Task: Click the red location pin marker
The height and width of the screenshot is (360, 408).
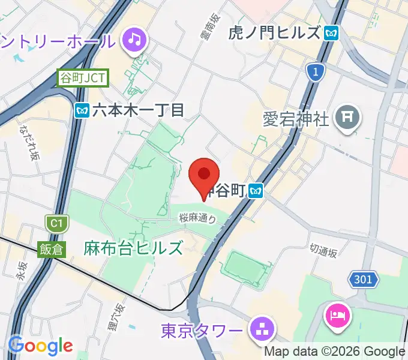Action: pyautogui.click(x=204, y=175)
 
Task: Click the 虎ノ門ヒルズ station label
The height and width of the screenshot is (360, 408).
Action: pyautogui.click(x=275, y=33)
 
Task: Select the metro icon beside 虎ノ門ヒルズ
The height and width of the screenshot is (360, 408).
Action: pyautogui.click(x=331, y=33)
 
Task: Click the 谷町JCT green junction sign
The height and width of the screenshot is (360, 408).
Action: pyautogui.click(x=83, y=78)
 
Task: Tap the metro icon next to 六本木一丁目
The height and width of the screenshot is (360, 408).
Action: pyautogui.click(x=82, y=110)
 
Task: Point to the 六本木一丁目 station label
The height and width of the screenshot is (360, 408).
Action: pyautogui.click(x=138, y=110)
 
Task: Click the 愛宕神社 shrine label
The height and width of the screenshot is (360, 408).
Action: pyautogui.click(x=296, y=118)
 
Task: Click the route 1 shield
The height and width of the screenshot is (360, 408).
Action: pyautogui.click(x=314, y=73)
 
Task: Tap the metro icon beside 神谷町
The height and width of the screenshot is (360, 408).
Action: pyautogui.click(x=257, y=191)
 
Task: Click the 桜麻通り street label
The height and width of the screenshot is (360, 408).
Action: pyautogui.click(x=197, y=220)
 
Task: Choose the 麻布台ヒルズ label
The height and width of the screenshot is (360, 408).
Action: pyautogui.click(x=133, y=247)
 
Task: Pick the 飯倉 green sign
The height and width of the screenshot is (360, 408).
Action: pyautogui.click(x=52, y=249)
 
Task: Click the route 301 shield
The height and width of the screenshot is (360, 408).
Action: pyautogui.click(x=364, y=279)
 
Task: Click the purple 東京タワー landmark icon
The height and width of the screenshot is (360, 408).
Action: pyautogui.click(x=262, y=329)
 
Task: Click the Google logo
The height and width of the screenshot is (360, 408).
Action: pyautogui.click(x=41, y=346)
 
